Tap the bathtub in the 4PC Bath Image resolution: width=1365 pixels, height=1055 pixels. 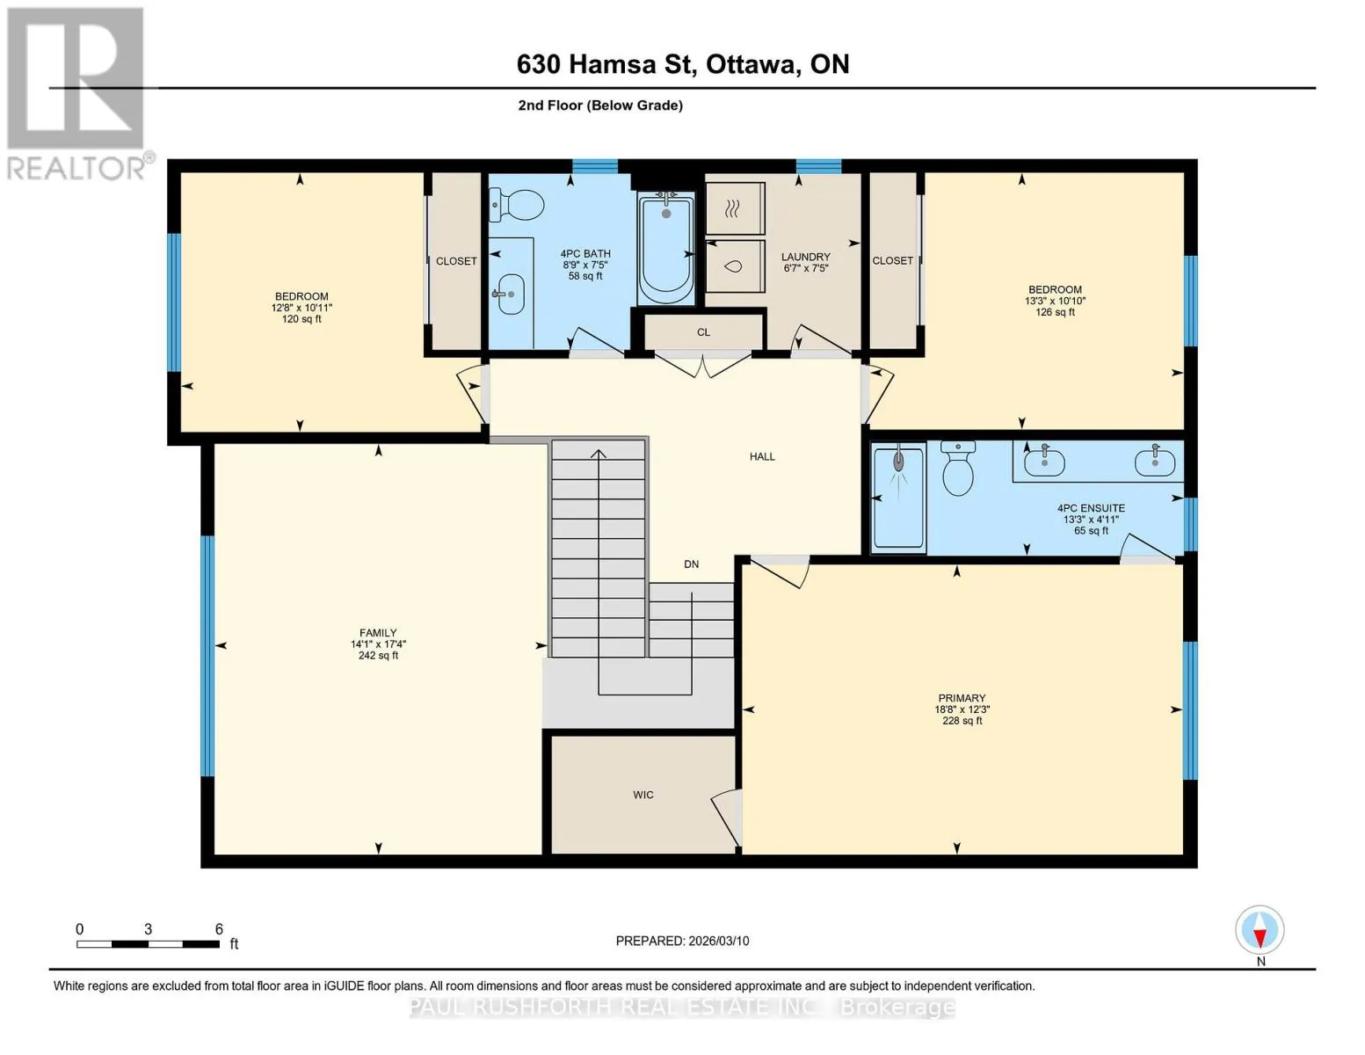[x=666, y=249]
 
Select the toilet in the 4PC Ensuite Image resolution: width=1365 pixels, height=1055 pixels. [x=957, y=468]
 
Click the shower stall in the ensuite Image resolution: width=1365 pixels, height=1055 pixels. [x=899, y=497]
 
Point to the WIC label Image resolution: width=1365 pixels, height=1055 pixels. [x=643, y=795]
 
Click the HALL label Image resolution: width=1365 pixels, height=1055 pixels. [x=762, y=457]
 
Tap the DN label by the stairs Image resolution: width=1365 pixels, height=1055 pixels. [x=691, y=564]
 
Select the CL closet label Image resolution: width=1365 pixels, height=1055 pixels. [x=703, y=332]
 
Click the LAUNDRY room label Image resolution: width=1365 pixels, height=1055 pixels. [x=805, y=257]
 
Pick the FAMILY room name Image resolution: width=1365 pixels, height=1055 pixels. [x=378, y=633]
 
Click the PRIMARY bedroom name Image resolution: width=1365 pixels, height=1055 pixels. [x=962, y=698]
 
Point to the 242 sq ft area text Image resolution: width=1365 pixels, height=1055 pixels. [x=378, y=655]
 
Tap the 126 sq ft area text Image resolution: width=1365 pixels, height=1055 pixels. [x=1055, y=312]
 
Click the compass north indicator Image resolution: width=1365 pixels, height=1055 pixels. [x=1260, y=938]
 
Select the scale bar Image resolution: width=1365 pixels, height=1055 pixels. [x=149, y=944]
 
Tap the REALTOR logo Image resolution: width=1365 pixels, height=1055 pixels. [x=76, y=94]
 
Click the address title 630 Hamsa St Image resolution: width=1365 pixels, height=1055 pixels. [x=604, y=65]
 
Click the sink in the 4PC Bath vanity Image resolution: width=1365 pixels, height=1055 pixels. [x=510, y=294]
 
